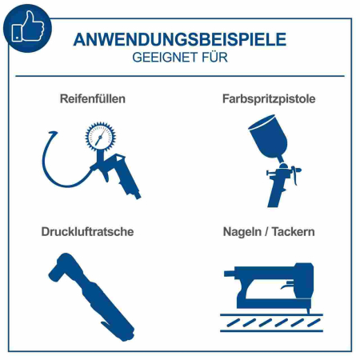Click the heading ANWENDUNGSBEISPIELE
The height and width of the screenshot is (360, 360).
[179, 39]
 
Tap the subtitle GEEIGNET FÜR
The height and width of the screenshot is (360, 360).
[179, 58]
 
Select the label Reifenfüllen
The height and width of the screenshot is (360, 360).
[92, 99]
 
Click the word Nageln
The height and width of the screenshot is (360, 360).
[244, 232]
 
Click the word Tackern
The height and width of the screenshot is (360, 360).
[292, 232]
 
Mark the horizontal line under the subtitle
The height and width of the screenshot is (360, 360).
[179, 75]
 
